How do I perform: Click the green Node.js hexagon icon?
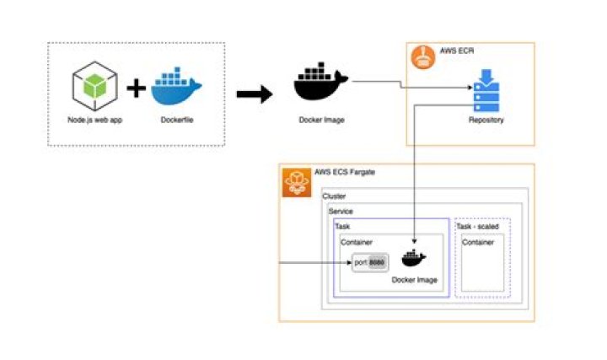[94, 88]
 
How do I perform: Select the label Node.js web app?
[94, 120]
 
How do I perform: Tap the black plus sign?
[136, 89]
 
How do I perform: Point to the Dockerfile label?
[176, 120]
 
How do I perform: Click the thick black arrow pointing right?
[254, 94]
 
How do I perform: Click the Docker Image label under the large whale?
[321, 120]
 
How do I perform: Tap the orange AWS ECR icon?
[422, 57]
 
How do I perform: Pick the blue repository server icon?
[486, 94]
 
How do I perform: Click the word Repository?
[486, 121]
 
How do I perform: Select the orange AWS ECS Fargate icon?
[296, 181]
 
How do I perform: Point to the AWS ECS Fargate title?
[345, 172]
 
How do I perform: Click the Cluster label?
[334, 196]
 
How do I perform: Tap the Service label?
[341, 211]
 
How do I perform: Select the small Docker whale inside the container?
[413, 259]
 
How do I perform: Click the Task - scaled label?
[478, 226]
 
